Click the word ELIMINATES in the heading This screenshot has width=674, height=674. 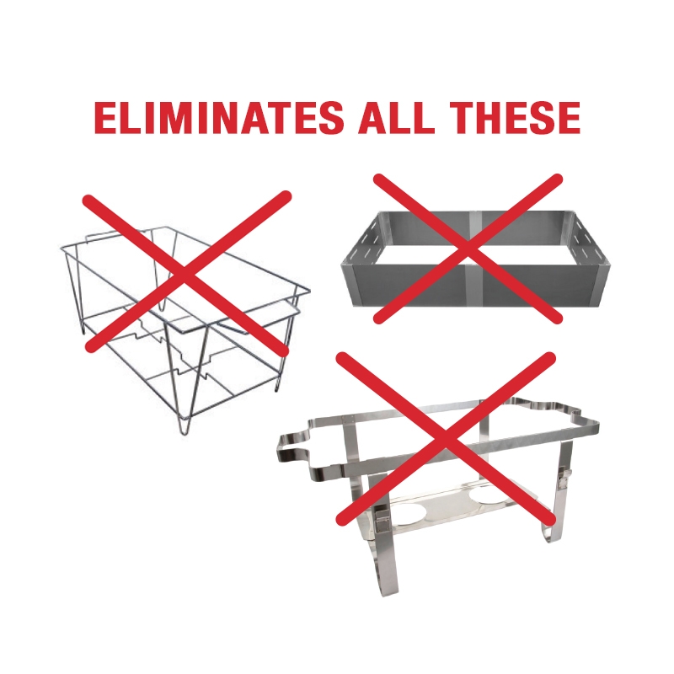(219, 117)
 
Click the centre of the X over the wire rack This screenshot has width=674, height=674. (186, 273)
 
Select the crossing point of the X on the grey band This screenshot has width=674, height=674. (468, 249)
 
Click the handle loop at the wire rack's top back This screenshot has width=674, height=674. (120, 233)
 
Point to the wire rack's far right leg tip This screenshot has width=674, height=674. (275, 387)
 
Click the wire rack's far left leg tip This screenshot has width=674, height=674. (83, 329)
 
